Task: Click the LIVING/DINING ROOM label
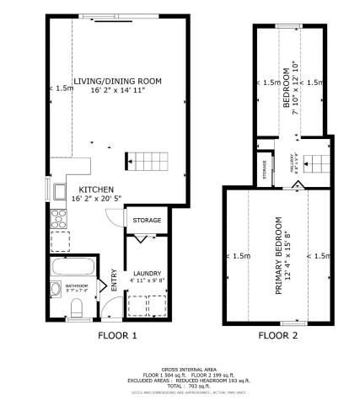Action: pyautogui.click(x=117, y=81)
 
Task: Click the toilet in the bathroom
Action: pyautogui.click(x=75, y=307)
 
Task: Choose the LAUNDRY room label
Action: pyautogui.click(x=148, y=274)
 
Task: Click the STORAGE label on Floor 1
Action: pyautogui.click(x=147, y=220)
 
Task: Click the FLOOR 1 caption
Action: pyautogui.click(x=107, y=335)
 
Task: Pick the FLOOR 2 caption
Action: pyautogui.click(x=277, y=335)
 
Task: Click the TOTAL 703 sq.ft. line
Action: pyautogui.click(x=181, y=383)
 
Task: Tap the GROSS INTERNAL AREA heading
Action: pyautogui.click(x=181, y=368)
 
